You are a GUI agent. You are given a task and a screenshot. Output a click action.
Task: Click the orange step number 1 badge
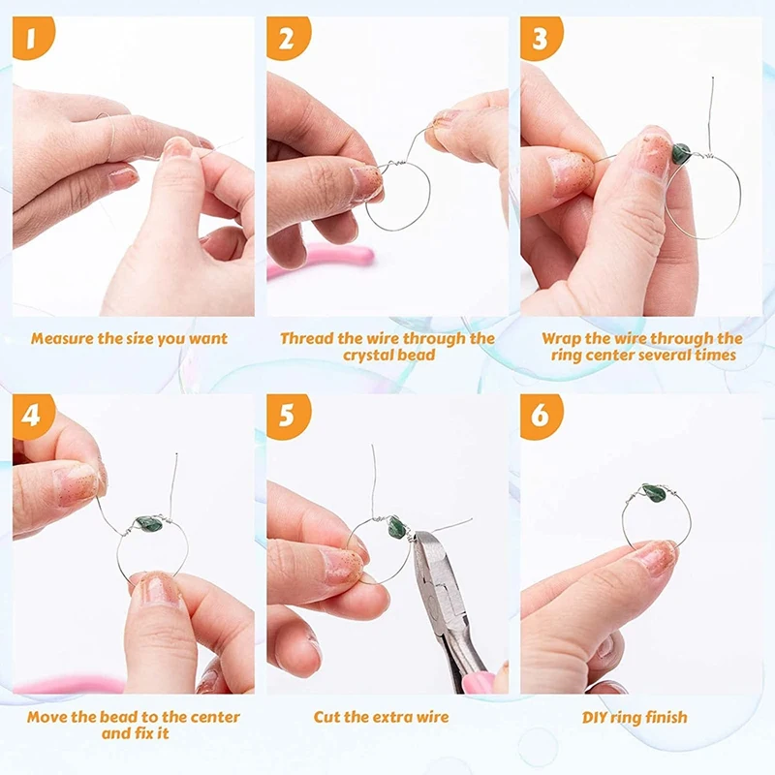click(x=33, y=37)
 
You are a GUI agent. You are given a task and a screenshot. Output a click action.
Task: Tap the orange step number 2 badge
click(x=288, y=38)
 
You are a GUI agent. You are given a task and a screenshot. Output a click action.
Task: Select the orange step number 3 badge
click(x=542, y=38)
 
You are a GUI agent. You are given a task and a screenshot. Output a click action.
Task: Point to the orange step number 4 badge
click(x=33, y=416)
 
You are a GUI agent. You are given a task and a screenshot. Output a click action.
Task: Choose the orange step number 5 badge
click(x=288, y=416)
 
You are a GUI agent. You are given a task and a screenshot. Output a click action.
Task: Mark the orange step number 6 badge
click(x=542, y=416)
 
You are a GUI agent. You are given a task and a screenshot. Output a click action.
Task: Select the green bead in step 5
click(x=396, y=527)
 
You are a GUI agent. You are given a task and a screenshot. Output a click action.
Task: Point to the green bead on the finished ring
click(x=654, y=492)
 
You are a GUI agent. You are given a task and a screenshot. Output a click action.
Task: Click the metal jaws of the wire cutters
click(x=431, y=559)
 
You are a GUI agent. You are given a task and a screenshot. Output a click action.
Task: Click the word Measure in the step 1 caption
click(x=62, y=338)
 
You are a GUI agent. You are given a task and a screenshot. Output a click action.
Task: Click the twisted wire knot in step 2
click(x=394, y=164)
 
